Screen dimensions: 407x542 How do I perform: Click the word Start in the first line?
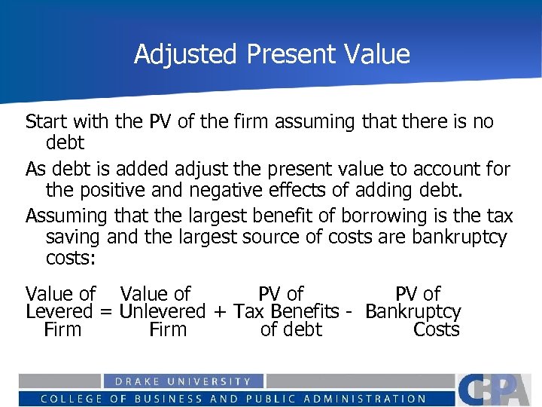coord(47,122)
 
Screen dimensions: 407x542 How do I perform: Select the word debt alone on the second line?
coord(65,142)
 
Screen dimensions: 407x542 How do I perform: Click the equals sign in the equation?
coord(106,312)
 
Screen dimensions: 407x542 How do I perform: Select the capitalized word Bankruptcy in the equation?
coord(413,312)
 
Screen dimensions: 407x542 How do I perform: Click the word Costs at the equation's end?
coord(437,330)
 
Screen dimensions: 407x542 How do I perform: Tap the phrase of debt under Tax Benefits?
coord(291,330)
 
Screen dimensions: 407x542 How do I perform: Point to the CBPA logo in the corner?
coord(497,390)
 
